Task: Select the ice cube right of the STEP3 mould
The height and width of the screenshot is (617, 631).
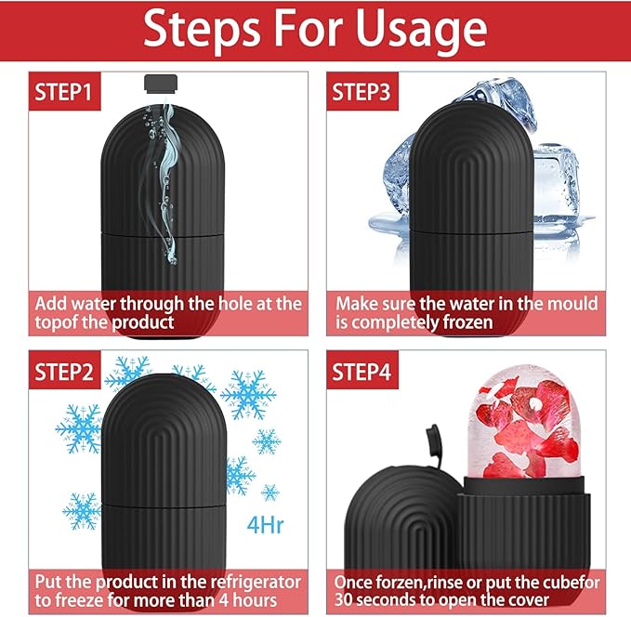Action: coord(559,185)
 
